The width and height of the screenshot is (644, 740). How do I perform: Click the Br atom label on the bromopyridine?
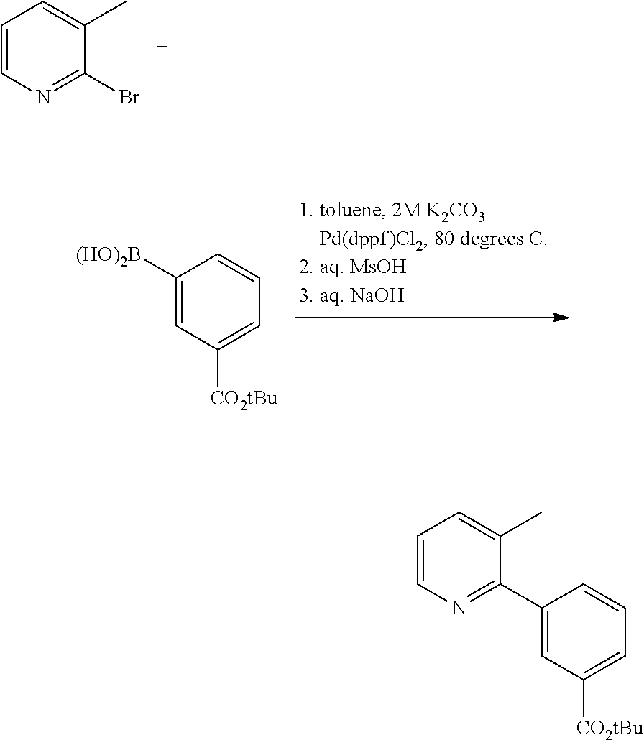(129, 98)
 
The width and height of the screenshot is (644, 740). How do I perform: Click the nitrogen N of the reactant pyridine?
(43, 98)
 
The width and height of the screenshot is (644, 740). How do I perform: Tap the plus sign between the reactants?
(162, 46)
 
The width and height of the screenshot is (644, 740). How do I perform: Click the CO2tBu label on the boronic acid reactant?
(244, 399)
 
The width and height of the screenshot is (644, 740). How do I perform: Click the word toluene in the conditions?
(350, 211)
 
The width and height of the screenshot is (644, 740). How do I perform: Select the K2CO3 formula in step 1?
(455, 212)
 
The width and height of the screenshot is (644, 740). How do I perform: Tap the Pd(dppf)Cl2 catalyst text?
(372, 240)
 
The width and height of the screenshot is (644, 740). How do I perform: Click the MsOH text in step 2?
(378, 267)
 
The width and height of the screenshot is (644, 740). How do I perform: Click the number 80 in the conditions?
(444, 239)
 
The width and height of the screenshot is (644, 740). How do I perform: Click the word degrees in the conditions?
(491, 240)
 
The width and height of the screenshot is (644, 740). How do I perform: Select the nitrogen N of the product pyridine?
(459, 607)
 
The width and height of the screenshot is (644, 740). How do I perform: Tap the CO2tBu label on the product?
(610, 730)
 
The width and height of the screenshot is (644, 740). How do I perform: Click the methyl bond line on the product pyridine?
(521, 524)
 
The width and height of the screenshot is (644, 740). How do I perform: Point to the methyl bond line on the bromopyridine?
(105, 14)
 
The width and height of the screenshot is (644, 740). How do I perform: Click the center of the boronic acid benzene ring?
(218, 302)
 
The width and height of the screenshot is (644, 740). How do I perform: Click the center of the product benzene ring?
(584, 632)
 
